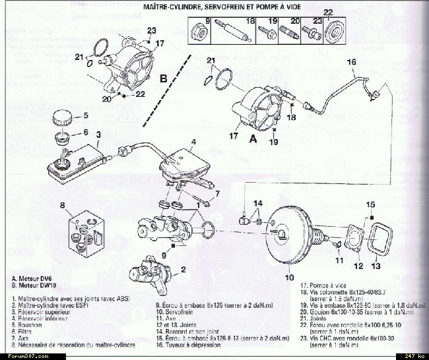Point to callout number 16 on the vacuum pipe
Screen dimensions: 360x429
(351, 63)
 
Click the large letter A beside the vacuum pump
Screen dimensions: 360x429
(251, 140)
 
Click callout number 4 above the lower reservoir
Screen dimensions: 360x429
(193, 142)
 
